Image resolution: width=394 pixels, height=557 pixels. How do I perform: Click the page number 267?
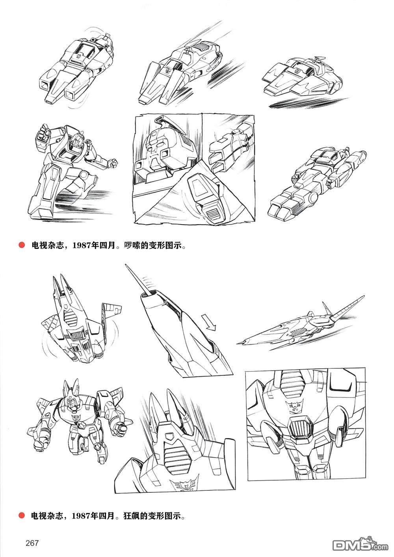(32, 542)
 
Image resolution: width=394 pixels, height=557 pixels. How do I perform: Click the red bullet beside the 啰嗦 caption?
(22, 245)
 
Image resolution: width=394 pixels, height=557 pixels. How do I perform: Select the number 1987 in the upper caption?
(81, 245)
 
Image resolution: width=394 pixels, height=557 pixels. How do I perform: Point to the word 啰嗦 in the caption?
(132, 245)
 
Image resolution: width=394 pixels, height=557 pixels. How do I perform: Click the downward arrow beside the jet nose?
(208, 323)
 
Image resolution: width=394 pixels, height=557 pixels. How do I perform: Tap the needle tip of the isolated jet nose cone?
(126, 266)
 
